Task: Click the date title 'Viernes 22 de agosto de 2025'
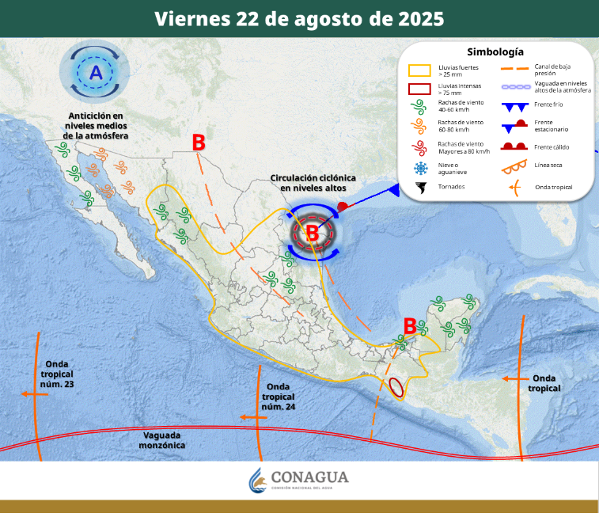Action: point(299,18)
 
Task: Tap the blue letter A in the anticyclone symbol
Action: point(95,74)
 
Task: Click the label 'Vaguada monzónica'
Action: point(164,440)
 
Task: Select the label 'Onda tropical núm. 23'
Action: point(59,373)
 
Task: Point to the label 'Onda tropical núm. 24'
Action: point(278,397)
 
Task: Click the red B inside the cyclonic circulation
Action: point(313,233)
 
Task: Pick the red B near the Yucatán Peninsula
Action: point(410,325)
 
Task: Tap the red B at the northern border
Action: point(199,142)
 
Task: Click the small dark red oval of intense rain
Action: point(396,387)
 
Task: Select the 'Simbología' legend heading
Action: point(495,52)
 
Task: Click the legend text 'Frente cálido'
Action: point(552,147)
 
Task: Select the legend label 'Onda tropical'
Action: point(553,188)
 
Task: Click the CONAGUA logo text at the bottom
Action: point(309,478)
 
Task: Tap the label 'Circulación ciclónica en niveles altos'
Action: point(313,183)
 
